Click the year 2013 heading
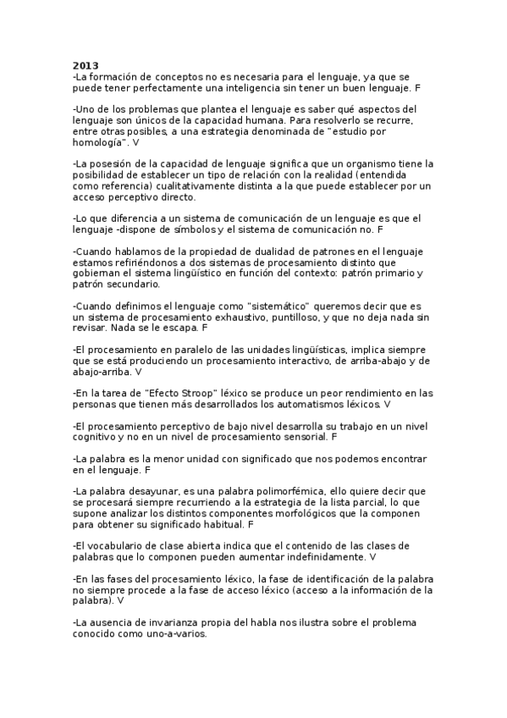(85, 66)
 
